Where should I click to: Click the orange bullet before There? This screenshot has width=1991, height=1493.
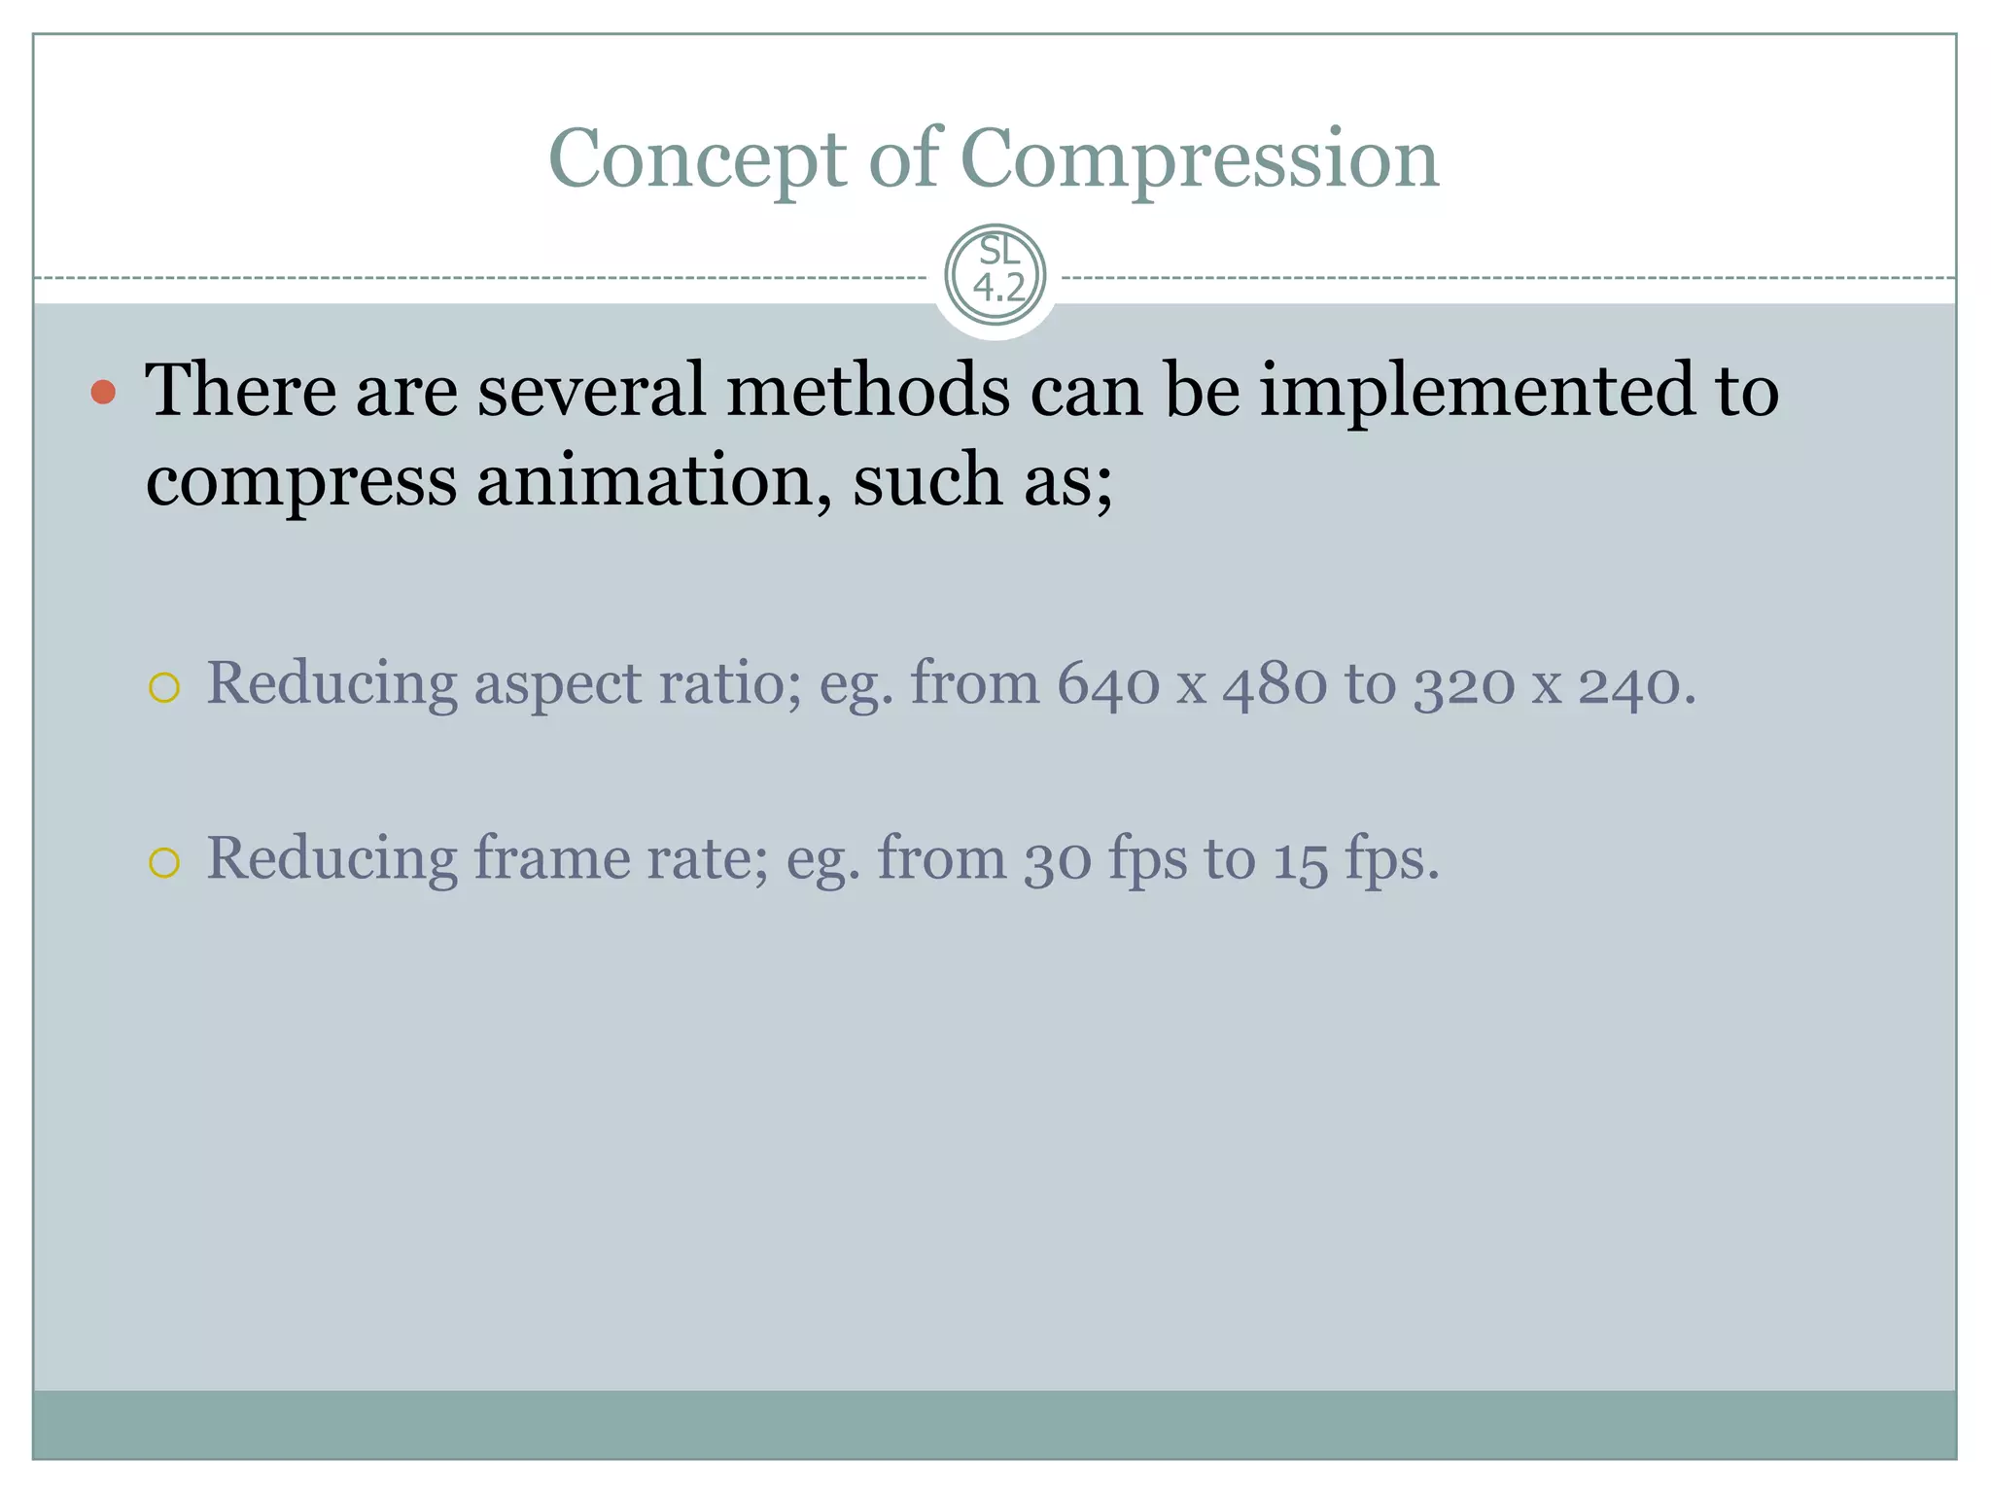103,393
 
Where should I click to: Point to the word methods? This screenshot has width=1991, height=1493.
867,390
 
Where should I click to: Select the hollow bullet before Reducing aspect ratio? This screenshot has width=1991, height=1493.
164,688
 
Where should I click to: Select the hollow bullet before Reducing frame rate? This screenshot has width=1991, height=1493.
164,863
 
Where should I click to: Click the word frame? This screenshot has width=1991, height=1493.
551,858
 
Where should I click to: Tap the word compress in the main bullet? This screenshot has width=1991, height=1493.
300,482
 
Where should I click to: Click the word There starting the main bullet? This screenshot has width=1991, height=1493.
240,390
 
